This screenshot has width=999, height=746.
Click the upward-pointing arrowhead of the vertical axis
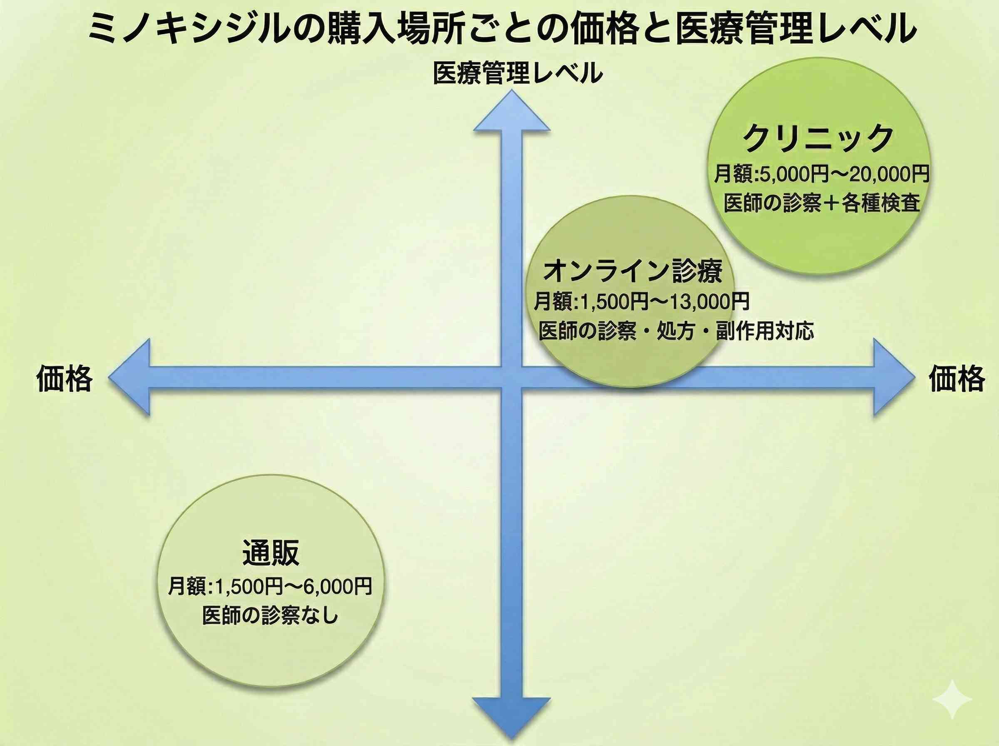512,113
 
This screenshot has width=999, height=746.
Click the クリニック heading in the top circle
818,138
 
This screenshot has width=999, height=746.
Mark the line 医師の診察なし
270,616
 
